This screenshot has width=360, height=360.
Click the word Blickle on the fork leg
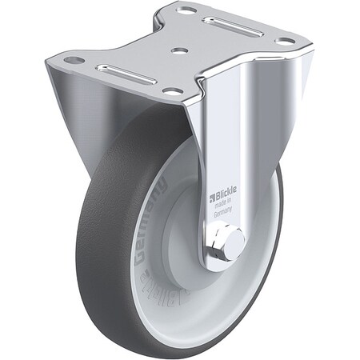coord(225,195)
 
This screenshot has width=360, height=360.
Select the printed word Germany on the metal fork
coord(223,214)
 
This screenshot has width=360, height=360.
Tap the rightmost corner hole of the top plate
coord(284,41)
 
